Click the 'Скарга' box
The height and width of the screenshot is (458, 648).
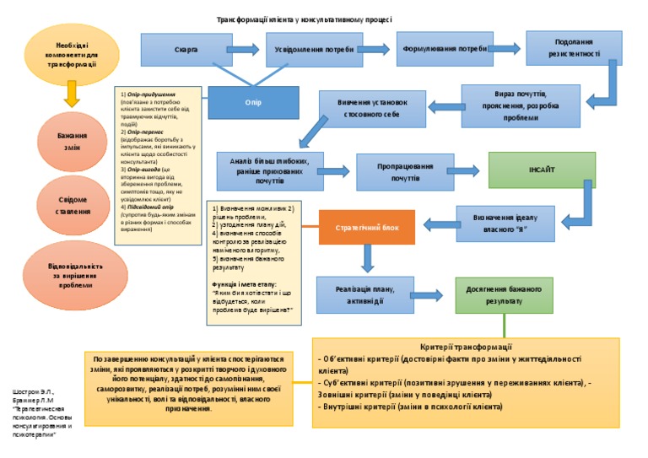pos(186,51)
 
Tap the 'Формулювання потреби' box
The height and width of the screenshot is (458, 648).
pos(445,49)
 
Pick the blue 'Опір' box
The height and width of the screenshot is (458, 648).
pos(253,103)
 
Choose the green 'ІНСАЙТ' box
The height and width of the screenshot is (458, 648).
pos(542,170)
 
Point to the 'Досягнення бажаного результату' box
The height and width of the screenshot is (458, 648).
pos(504,294)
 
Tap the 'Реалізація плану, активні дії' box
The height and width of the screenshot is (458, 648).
pos(364,294)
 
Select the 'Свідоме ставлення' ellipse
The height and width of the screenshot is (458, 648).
pos(72,205)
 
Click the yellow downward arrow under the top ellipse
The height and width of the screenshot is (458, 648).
pos(72,93)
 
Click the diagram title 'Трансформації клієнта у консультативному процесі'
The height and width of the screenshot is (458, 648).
pos(304,19)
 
